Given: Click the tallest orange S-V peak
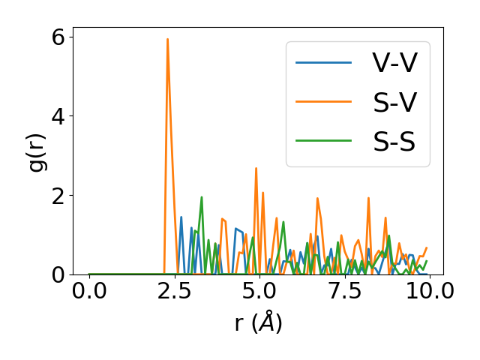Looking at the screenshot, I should [x=167, y=40].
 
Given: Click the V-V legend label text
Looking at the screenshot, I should [x=394, y=64].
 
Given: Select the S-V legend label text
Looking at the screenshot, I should [x=394, y=102].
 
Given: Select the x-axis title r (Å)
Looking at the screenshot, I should [x=258, y=322].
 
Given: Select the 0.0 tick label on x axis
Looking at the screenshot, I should [x=89, y=291].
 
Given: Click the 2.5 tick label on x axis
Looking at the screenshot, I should [x=174, y=291].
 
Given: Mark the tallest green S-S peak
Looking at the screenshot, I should [x=202, y=197].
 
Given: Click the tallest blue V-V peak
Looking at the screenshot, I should [x=181, y=217].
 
